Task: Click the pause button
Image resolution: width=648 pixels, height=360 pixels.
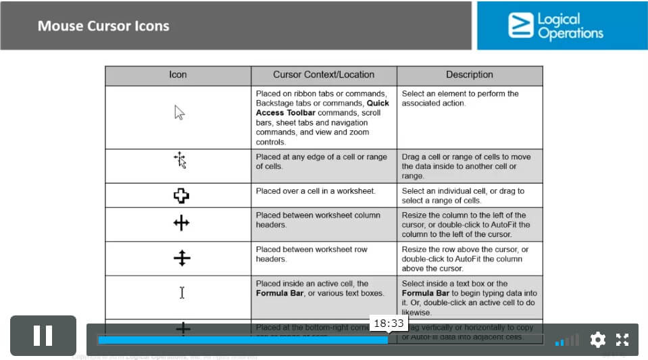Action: click(x=43, y=336)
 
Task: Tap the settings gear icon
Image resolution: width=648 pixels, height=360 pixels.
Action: click(x=597, y=340)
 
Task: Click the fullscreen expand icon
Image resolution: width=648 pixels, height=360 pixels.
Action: click(x=622, y=340)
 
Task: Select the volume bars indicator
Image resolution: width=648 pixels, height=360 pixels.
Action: click(x=567, y=340)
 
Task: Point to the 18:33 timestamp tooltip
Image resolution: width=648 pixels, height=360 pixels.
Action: click(x=389, y=324)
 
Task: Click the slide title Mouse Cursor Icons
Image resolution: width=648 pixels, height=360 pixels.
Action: click(x=103, y=26)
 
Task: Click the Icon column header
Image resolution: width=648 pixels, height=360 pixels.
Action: click(x=178, y=75)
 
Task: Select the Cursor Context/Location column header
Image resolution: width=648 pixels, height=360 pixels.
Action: click(x=324, y=75)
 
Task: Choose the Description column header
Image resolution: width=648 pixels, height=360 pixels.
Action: click(x=470, y=75)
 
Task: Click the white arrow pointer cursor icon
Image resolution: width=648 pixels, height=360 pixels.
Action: click(x=179, y=113)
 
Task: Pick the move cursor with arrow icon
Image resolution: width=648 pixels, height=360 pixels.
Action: click(x=180, y=160)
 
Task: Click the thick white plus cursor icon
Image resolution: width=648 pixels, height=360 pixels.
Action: click(x=181, y=196)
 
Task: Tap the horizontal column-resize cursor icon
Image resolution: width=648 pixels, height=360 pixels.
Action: click(x=181, y=223)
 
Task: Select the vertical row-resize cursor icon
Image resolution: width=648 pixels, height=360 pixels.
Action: click(x=182, y=258)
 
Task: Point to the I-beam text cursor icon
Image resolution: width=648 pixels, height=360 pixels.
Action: click(x=182, y=292)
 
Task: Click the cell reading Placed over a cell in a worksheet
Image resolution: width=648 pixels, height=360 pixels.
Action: click(x=316, y=191)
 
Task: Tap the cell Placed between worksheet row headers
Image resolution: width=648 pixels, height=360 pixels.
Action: click(x=311, y=254)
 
